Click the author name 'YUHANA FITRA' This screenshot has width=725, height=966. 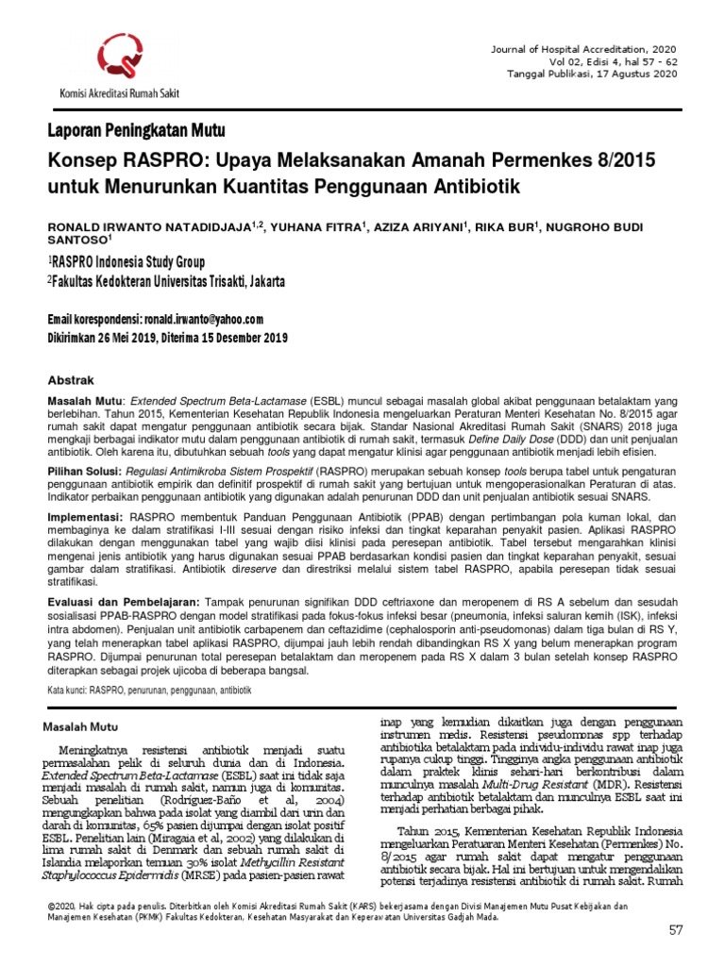coord(304,227)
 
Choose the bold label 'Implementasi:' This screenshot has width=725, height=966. coord(85,518)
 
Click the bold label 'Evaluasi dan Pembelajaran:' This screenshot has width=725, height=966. coord(123,601)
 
